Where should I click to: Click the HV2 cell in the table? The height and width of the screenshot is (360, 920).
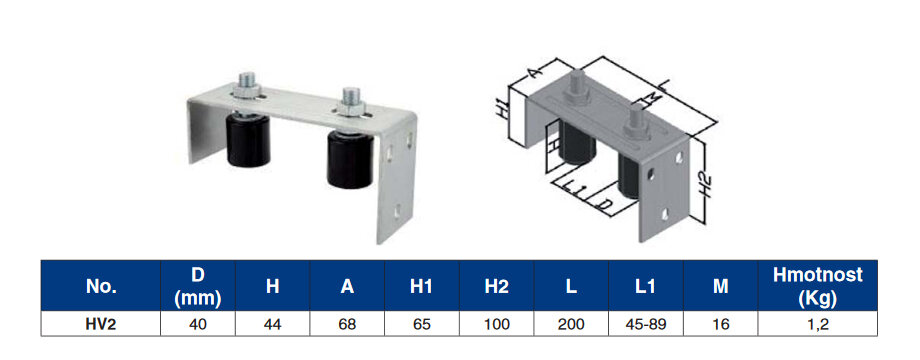101,324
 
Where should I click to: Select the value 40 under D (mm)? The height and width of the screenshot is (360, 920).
198,324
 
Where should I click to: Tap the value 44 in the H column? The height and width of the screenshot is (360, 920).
272,324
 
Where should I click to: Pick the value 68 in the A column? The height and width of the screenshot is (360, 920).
347,324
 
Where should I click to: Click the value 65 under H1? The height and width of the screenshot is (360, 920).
422,324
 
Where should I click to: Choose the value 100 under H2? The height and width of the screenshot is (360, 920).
496,324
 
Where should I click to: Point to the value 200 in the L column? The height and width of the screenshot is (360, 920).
571,324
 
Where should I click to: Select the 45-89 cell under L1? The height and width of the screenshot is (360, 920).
645,324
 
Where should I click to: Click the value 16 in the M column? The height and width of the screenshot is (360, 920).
721,324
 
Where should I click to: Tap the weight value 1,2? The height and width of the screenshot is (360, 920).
818,324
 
